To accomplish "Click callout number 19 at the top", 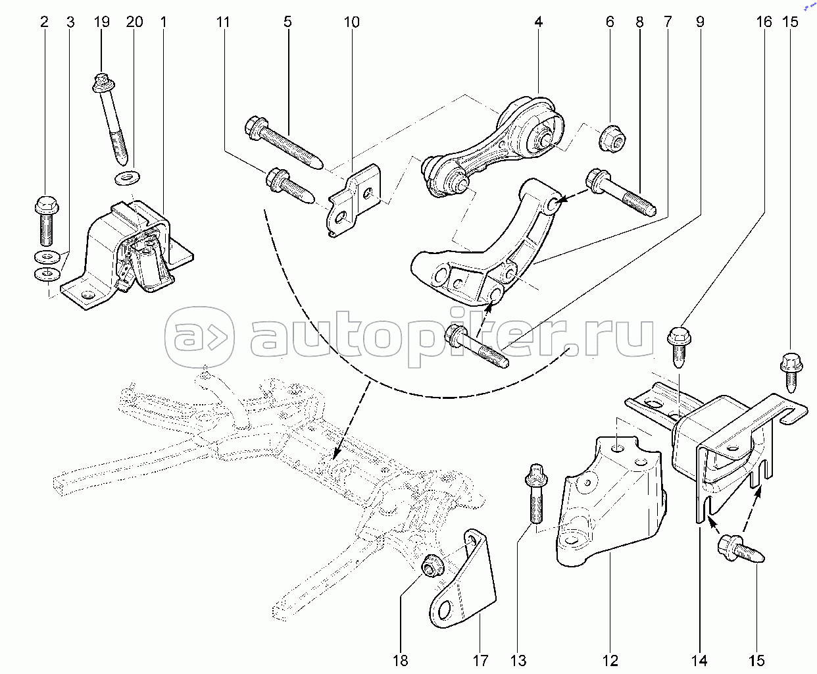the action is (x=101, y=22).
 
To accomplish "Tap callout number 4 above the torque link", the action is (x=538, y=22).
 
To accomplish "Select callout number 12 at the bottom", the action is (x=610, y=661).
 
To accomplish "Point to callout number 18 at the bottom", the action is (x=401, y=661).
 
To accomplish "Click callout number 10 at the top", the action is (x=351, y=22).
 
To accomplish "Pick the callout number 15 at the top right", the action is (x=789, y=22).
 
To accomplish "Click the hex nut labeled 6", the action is (x=612, y=138).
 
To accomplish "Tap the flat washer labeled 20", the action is (x=128, y=178).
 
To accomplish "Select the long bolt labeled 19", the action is (x=111, y=118).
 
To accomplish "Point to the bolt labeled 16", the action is (x=679, y=347).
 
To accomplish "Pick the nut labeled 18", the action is (x=432, y=566).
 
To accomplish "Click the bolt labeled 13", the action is (x=536, y=494).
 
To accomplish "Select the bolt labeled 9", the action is (x=477, y=347).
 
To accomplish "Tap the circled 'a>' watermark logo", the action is (x=199, y=337).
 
